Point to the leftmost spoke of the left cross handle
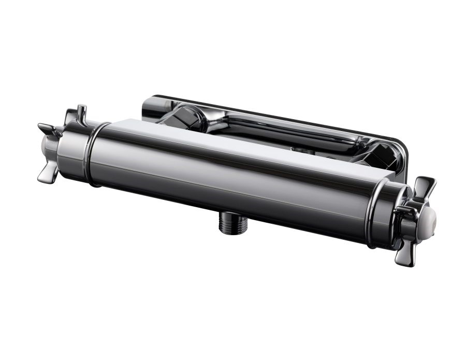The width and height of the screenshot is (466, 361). coord(45,128)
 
